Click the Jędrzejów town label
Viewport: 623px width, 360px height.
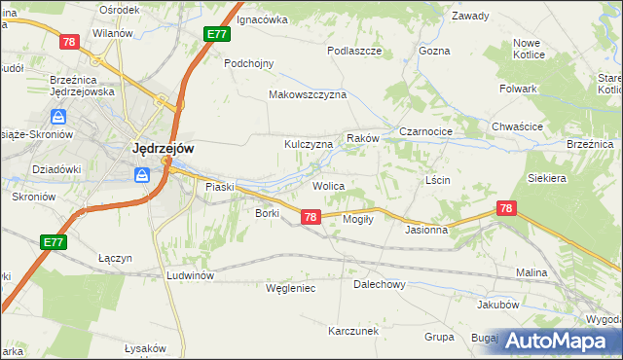pos(162,149)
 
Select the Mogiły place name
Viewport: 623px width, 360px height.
pos(359,219)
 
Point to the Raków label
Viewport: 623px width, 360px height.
pos(362,139)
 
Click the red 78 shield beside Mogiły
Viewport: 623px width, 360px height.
pos(310,217)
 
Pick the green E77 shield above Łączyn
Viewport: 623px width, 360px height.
pos(54,241)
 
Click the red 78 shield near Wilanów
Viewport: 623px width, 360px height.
pos(68,42)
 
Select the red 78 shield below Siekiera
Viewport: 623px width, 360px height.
pos(505,208)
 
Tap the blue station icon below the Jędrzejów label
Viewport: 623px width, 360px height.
pos(142,175)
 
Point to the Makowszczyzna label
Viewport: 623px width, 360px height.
pos(308,95)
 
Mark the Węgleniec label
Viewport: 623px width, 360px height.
pos(290,288)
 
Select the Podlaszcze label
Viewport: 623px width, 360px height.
pos(353,51)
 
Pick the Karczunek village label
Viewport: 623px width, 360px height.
pos(353,331)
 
